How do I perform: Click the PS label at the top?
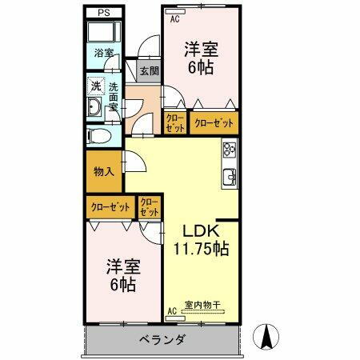(x=103, y=13)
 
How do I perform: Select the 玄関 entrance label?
(x=148, y=70)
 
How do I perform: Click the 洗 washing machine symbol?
(x=95, y=85)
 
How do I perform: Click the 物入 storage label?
(x=103, y=170)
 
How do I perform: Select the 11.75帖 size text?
(x=202, y=248)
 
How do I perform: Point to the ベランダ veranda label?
(x=159, y=340)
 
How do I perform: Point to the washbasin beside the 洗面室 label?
(x=94, y=109)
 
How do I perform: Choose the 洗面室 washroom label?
(x=113, y=98)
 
